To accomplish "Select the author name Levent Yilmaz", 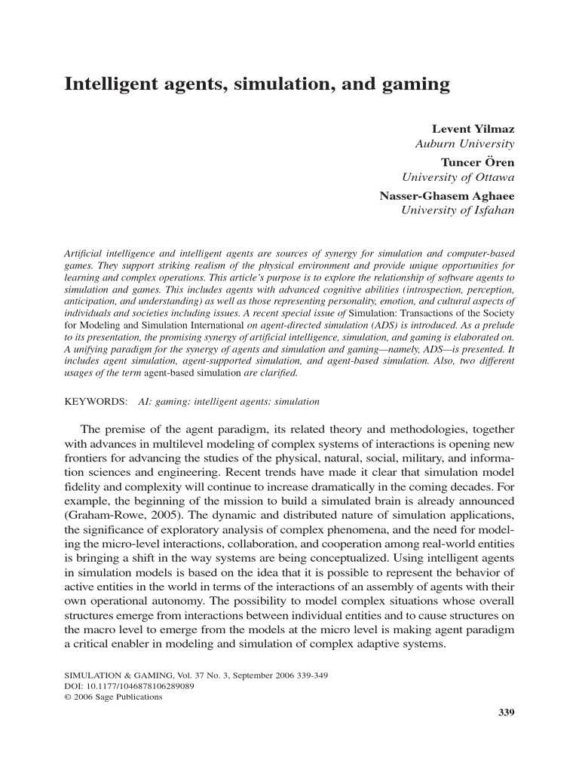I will click(x=473, y=130).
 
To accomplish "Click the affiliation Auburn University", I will click(x=465, y=143).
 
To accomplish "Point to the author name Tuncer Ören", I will click(x=478, y=161).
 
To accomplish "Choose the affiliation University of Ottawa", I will click(x=458, y=177).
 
